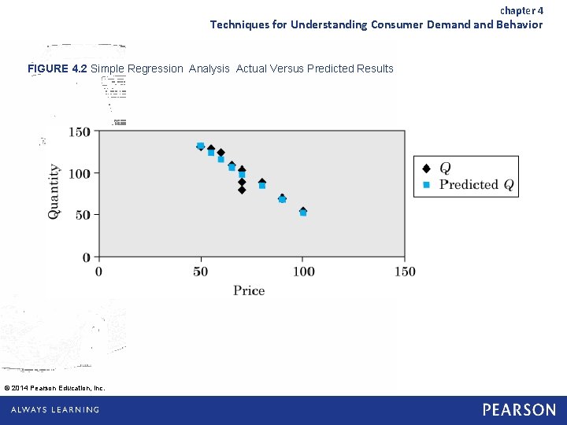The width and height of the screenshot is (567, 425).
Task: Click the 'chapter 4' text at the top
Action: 521,10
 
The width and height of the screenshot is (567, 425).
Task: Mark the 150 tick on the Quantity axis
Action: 80,131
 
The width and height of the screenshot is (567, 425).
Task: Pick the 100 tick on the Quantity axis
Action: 80,173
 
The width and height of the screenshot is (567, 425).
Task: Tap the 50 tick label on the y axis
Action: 83,215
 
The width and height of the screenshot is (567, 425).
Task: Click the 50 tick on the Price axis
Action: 201,272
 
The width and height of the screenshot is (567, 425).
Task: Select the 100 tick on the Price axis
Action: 303,272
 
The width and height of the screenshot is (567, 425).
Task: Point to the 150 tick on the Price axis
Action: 405,272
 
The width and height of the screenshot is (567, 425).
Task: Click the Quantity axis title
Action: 54,191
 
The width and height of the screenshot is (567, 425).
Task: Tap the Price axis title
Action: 249,290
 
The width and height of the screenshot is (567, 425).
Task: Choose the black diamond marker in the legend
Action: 426,168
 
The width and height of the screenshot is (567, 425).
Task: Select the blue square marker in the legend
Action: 426,185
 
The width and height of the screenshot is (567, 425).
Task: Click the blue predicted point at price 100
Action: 303,213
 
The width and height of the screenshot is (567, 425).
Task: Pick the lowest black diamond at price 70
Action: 242,190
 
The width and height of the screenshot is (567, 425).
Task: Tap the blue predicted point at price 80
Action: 262,186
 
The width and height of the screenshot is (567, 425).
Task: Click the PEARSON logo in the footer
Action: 519,410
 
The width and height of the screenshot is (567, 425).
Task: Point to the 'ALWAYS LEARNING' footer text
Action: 55,410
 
